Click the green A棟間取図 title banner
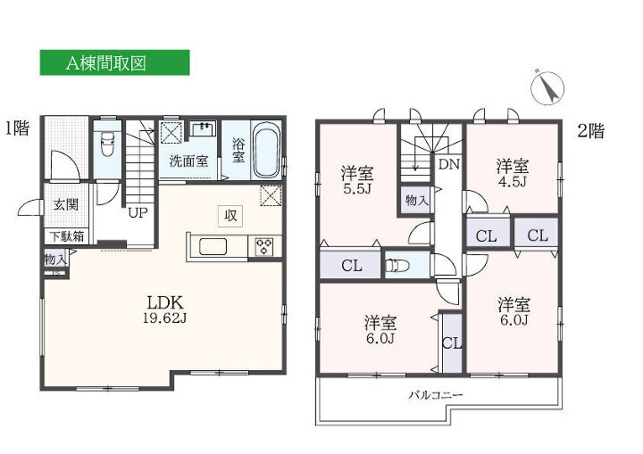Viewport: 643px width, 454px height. [x=114, y=62]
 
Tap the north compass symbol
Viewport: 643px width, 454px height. [x=547, y=87]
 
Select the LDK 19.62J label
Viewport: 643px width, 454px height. [x=165, y=310]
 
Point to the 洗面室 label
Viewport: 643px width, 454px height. [x=188, y=161]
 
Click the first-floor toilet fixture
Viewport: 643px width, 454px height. [x=107, y=144]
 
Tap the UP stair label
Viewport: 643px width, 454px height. [x=138, y=213]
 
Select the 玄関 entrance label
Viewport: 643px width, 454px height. [x=65, y=204]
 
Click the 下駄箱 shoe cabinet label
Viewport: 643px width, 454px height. [x=67, y=237]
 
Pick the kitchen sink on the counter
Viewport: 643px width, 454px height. [x=213, y=247]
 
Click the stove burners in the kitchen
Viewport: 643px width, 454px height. [x=264, y=247]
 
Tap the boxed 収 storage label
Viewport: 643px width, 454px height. [x=230, y=216]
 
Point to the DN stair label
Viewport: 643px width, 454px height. [x=449, y=164]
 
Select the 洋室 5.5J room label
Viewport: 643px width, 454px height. [x=356, y=180]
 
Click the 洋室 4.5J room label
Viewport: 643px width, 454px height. [x=513, y=173]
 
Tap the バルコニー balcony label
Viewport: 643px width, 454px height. [x=436, y=395]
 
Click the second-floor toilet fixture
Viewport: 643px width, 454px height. [x=397, y=266]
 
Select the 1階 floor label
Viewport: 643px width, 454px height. [x=17, y=128]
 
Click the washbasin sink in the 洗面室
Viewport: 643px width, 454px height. [x=203, y=128]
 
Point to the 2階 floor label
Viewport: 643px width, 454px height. [x=590, y=131]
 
